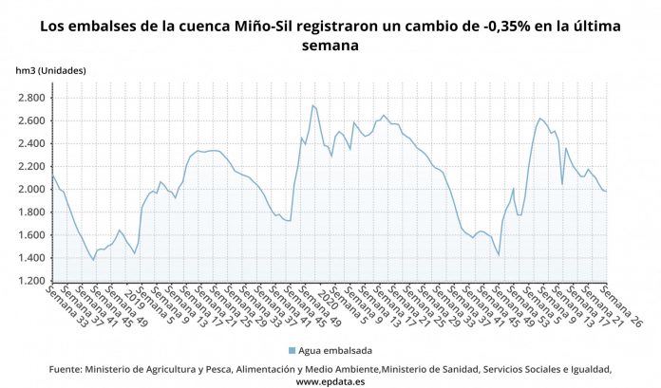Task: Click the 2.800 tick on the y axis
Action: point(30,98)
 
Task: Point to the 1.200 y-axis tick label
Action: point(30,281)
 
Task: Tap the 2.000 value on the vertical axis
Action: point(30,189)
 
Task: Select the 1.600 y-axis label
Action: point(30,235)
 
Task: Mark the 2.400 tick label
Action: point(30,143)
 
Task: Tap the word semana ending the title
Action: point(330,46)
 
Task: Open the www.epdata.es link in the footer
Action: point(330,380)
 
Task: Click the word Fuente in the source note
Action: point(65,368)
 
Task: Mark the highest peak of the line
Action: point(312,105)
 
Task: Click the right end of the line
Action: point(606,192)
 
